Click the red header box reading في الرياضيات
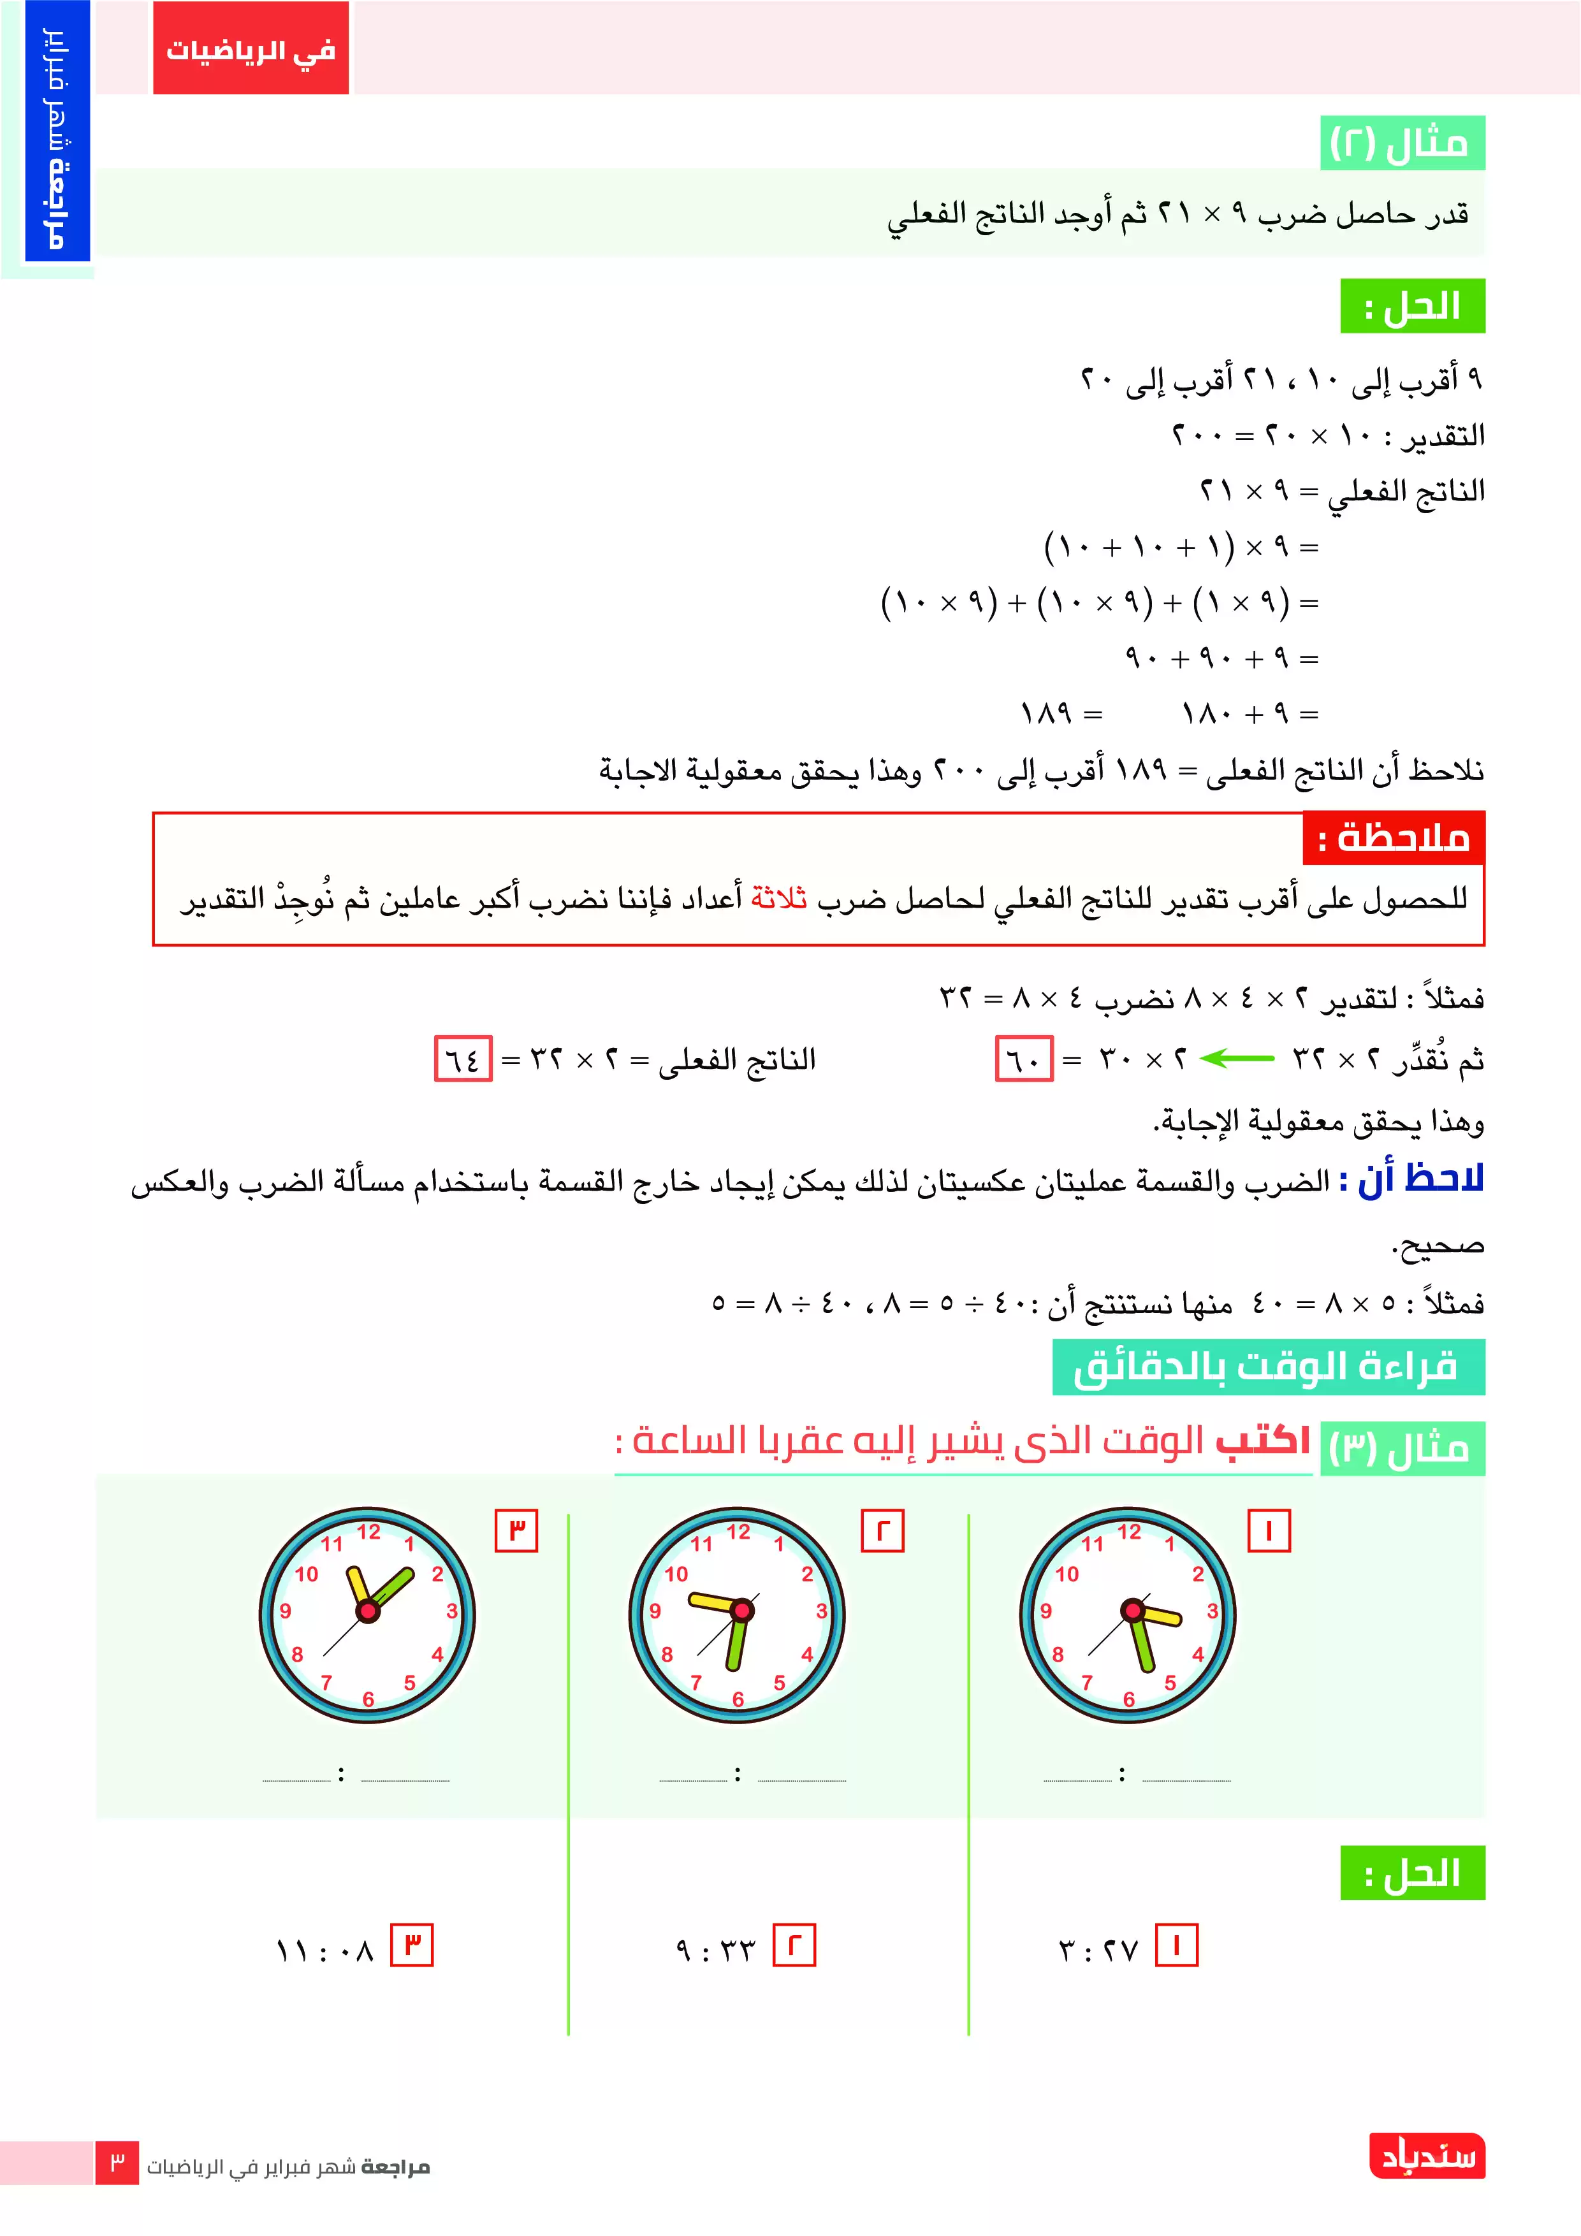point(251,48)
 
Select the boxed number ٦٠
point(1024,1059)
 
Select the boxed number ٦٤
point(463,1059)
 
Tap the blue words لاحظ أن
point(1420,1179)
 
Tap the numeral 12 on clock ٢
point(738,1532)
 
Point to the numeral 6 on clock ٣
point(368,1699)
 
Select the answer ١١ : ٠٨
point(324,1950)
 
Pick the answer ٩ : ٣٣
point(715,1950)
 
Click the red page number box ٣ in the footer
point(117,2164)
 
